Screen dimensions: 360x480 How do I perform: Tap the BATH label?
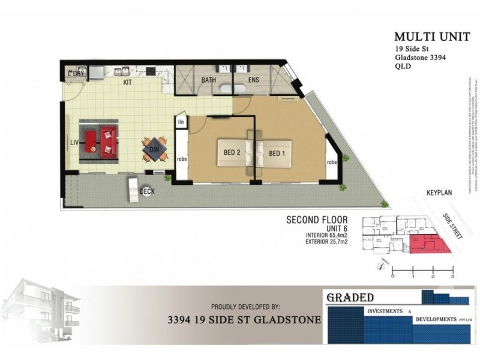pos(209,80)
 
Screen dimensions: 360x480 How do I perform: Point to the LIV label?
pos(75,142)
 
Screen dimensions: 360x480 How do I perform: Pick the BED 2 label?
pos(232,153)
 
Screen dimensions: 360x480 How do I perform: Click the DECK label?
pos(147,191)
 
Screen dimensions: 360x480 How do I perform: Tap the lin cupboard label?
pos(180,122)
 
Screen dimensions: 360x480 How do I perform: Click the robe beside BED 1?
pos(331,163)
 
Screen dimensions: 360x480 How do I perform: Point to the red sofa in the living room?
pos(109,142)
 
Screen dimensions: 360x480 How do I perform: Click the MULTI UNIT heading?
pos(423,37)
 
